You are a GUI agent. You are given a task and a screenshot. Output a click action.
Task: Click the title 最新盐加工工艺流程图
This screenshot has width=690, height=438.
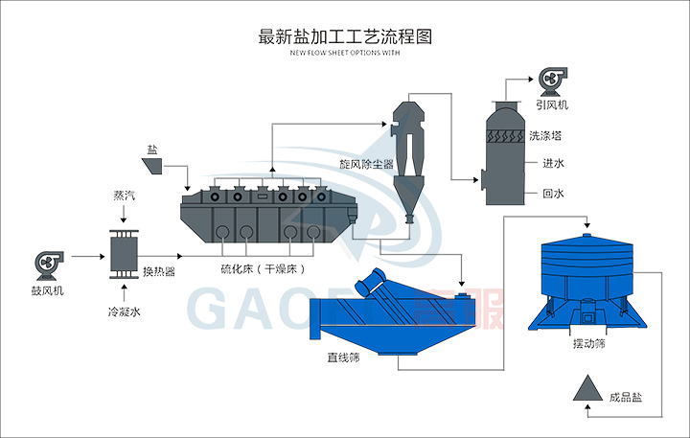point(346,37)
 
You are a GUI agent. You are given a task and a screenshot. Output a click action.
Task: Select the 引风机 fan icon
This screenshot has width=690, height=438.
point(553,81)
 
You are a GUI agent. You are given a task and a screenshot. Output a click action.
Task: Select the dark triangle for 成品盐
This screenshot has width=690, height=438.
point(586,388)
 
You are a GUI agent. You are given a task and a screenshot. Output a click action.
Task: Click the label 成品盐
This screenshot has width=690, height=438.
point(625,393)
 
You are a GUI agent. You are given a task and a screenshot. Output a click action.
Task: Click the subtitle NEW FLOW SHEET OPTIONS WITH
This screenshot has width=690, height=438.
point(344,54)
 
